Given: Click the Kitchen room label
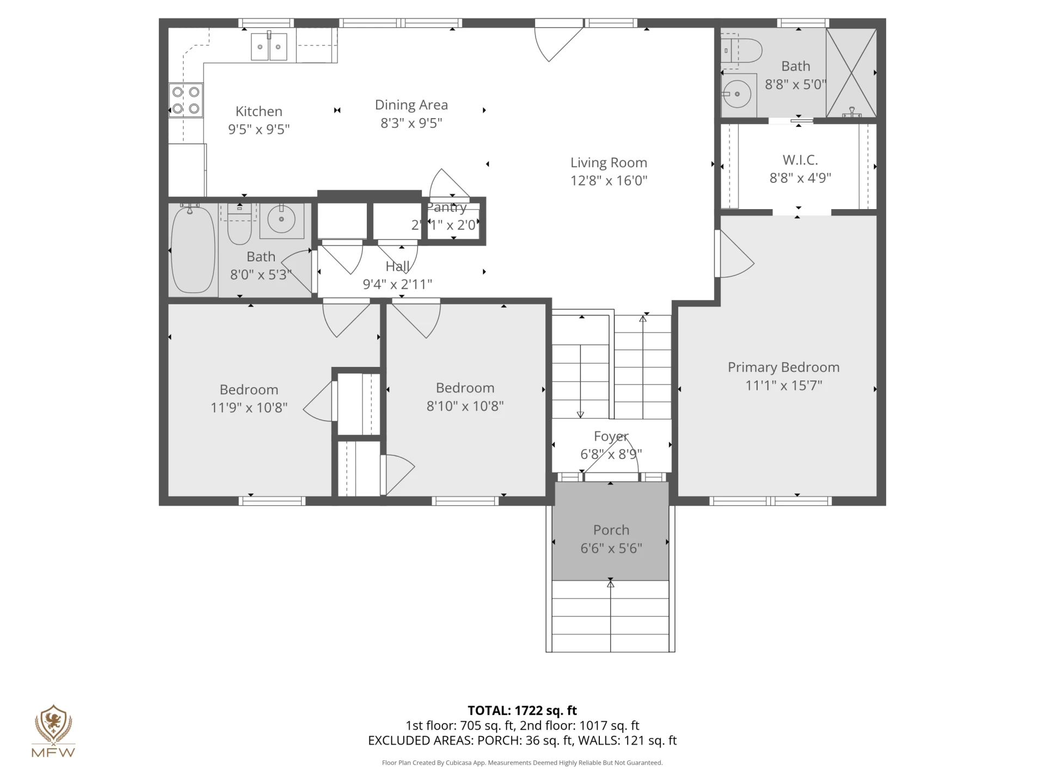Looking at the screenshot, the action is click(259, 111).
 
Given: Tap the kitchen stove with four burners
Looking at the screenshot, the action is click(186, 100).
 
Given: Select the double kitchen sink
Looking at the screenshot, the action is click(269, 47).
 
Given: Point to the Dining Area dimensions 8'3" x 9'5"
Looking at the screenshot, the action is click(411, 123).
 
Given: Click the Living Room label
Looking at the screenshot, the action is click(608, 162).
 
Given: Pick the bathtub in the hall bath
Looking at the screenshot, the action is click(193, 249).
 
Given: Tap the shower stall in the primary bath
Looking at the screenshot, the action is click(851, 72).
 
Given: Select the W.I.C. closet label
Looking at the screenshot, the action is click(800, 160).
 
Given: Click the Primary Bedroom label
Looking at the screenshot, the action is click(783, 367).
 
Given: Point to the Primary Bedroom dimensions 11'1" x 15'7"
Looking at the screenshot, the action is click(783, 385).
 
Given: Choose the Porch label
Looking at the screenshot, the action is click(611, 530).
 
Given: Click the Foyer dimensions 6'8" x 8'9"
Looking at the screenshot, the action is click(611, 454).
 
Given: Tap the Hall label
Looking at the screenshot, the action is click(397, 266).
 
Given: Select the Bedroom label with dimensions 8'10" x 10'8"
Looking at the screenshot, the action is click(465, 388).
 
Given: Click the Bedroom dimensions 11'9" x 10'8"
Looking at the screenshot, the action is click(249, 408).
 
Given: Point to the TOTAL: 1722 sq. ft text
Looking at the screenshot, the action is click(522, 710).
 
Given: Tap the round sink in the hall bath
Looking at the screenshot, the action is click(281, 219).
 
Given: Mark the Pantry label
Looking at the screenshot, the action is click(447, 207).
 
